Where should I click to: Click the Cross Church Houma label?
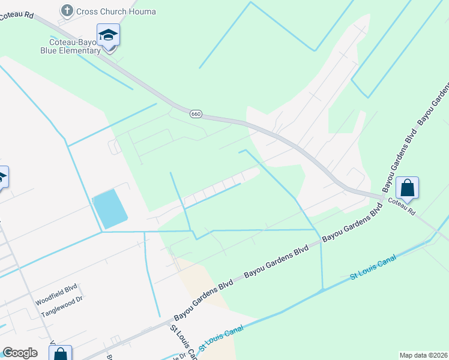tap(116, 11)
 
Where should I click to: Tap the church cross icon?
tap(67, 11)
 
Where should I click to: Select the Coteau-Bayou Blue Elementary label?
tap(70, 46)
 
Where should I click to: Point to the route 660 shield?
tap(195, 113)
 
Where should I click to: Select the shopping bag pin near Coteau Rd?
tap(408, 188)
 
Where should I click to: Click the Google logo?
tap(20, 353)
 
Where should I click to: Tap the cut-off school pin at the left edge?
tap(2, 177)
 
